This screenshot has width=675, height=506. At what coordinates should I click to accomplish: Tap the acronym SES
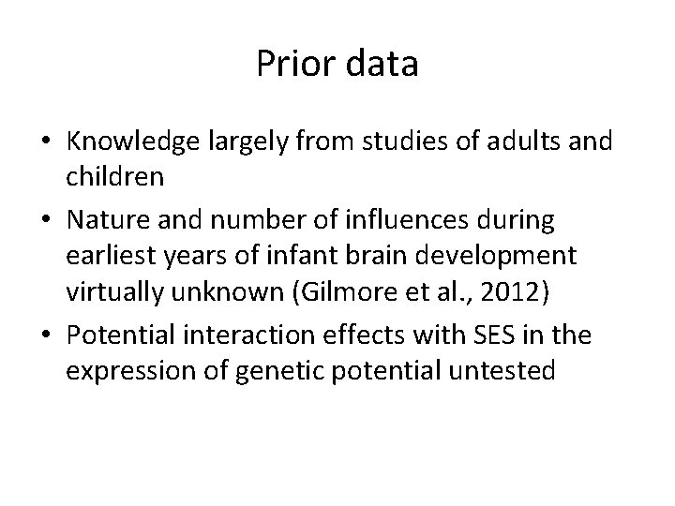click(x=532, y=335)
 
